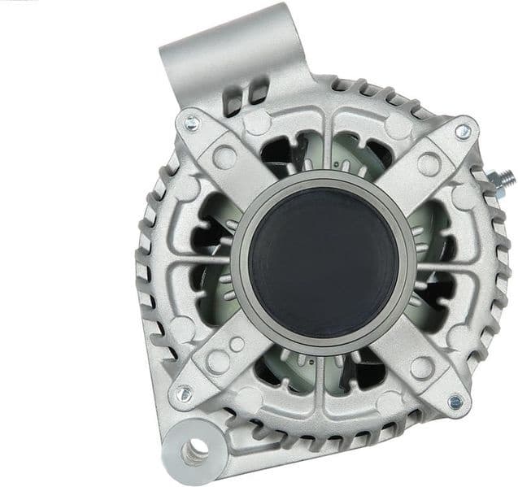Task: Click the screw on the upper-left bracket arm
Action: (x=192, y=124)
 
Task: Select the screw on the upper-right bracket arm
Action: (x=462, y=131)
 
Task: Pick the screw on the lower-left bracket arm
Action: (x=183, y=394)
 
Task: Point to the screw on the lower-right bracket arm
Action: (x=455, y=402)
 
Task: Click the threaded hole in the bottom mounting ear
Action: (x=196, y=449)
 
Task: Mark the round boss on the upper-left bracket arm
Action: (x=224, y=156)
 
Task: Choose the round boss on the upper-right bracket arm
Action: (x=429, y=163)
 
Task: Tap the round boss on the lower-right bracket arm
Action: (x=422, y=367)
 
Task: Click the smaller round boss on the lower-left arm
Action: (x=237, y=345)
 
